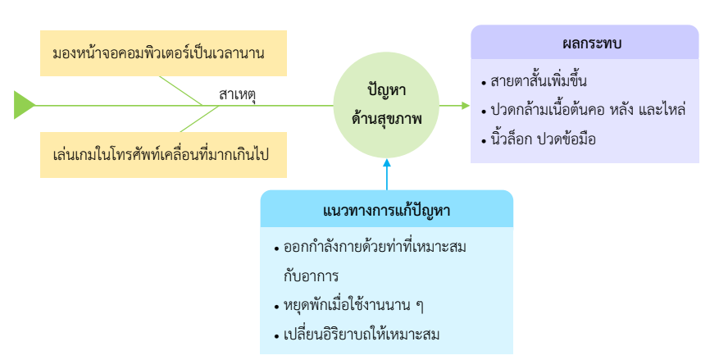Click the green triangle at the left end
(24, 105)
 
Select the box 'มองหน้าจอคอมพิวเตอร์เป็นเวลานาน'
(163, 53)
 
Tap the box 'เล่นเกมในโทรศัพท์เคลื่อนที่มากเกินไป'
(163, 153)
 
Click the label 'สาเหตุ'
(237, 94)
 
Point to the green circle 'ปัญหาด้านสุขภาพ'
(387, 105)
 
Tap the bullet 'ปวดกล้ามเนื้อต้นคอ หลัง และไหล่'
(587, 109)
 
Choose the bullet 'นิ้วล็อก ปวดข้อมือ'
(544, 139)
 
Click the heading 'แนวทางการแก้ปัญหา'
(386, 211)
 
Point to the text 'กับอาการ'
(311, 275)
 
